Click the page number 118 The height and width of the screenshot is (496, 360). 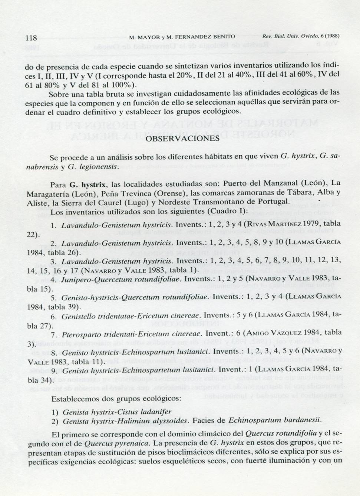tap(31, 37)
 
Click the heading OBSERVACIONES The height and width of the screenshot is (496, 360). tap(183, 138)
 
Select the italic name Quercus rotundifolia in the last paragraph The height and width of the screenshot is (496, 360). tap(281, 433)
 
